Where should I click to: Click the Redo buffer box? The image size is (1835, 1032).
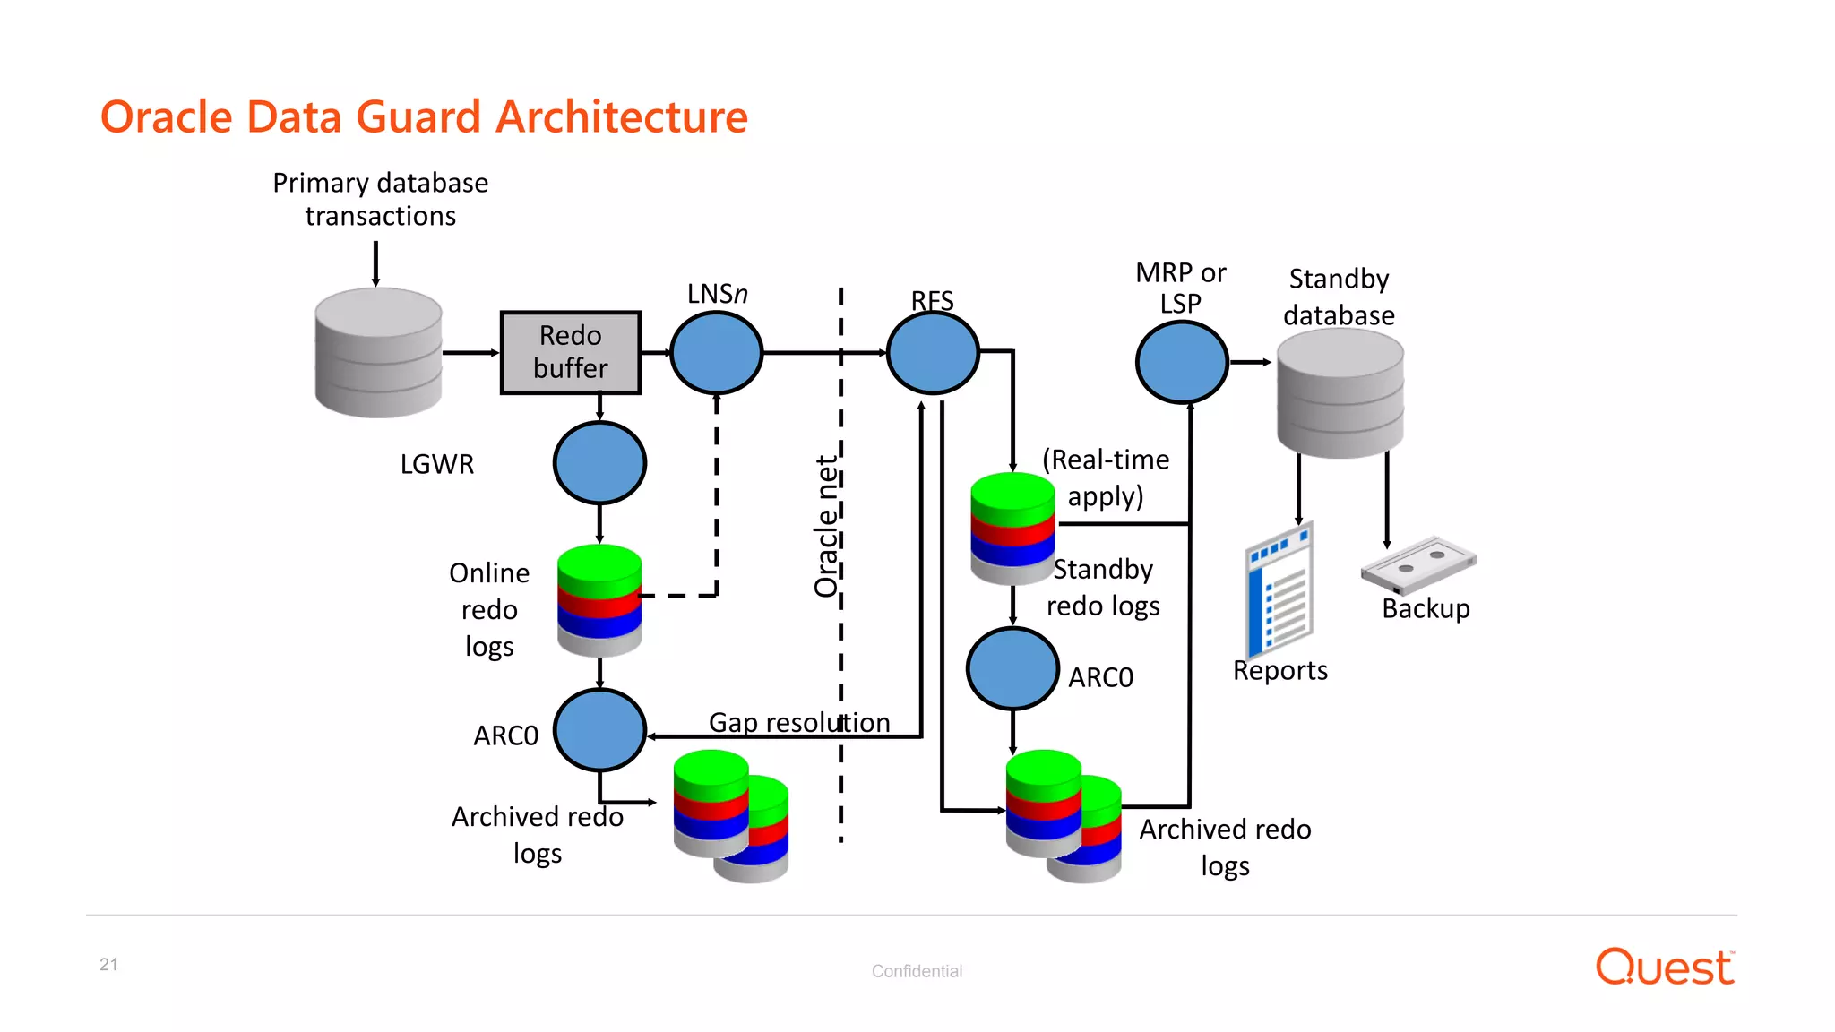tap(570, 352)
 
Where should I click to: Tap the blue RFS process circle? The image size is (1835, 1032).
tap(933, 352)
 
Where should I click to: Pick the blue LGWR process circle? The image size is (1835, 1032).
tap(599, 462)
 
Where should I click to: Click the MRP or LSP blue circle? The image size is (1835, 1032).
tap(1182, 362)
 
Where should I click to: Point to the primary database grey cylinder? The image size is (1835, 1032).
tap(378, 352)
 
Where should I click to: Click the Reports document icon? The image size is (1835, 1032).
tap(1279, 591)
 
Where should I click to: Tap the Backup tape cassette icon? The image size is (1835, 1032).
tap(1418, 563)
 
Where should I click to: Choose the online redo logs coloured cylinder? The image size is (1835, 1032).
tap(599, 599)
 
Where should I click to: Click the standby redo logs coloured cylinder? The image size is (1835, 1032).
tap(1012, 529)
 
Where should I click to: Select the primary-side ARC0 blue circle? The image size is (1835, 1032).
tap(599, 730)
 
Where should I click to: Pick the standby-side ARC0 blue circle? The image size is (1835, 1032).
tap(1012, 668)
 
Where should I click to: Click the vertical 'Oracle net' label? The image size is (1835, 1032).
tap(826, 527)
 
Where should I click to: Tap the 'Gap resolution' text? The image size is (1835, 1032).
tap(799, 722)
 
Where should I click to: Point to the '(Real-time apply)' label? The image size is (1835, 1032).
tap(1106, 477)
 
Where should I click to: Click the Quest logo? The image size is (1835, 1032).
tap(1665, 967)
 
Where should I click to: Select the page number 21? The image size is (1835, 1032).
tap(108, 965)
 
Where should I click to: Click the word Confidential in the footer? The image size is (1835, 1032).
tap(917, 971)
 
